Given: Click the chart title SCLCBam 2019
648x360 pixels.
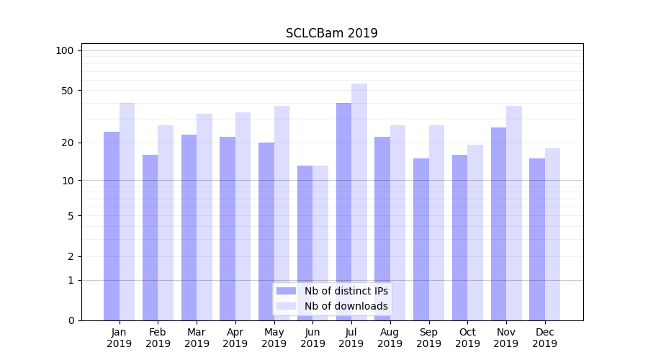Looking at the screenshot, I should [x=331, y=33].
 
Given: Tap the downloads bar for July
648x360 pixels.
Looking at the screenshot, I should [x=359, y=202].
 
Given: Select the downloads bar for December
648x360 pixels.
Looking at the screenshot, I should [x=552, y=234].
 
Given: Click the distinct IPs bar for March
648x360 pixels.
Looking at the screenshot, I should [x=189, y=228].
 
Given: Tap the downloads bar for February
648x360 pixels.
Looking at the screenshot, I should [x=166, y=222].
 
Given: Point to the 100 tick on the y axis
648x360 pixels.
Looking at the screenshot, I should [x=65, y=50].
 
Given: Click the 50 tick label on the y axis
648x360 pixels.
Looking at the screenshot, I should [x=67, y=91].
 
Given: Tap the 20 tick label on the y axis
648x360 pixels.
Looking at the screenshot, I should [x=67, y=143].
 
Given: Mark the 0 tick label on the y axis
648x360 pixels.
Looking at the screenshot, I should [x=71, y=320].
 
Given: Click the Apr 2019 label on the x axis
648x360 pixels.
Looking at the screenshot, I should [x=235, y=338].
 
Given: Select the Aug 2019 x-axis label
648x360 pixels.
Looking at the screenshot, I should [x=390, y=338].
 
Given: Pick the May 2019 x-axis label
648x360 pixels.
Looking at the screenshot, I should [x=274, y=338].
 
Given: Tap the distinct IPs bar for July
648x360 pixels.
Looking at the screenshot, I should [x=343, y=212].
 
